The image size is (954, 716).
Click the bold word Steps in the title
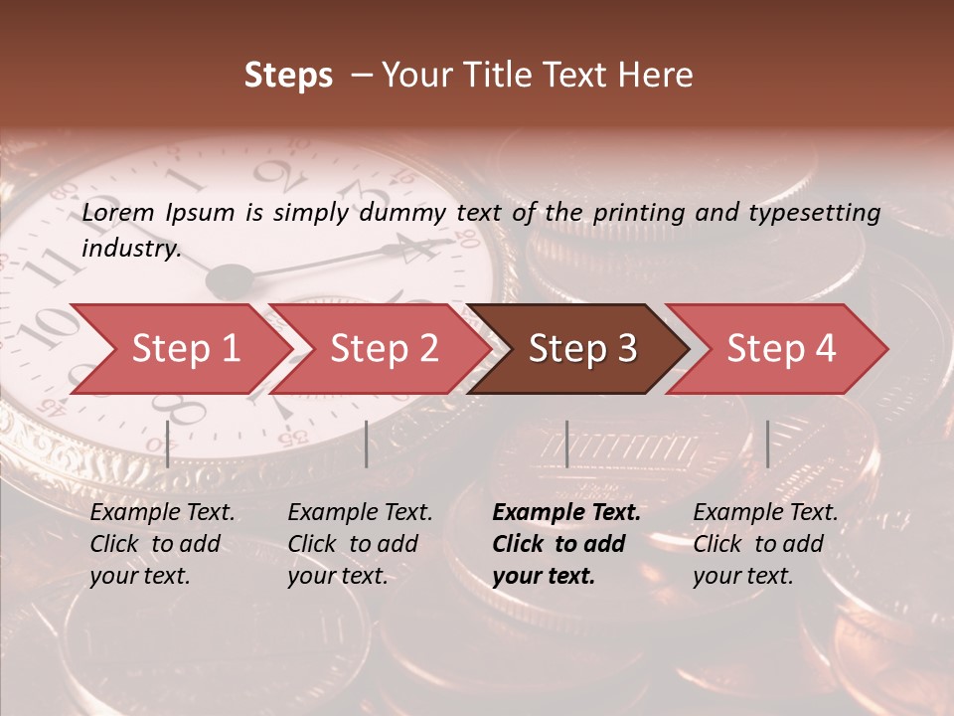point(288,75)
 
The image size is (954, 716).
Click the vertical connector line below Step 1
point(167,444)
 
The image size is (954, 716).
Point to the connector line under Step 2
point(367,444)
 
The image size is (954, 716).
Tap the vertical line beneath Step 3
point(566,444)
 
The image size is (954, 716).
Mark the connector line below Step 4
point(767,444)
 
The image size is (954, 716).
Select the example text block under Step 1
point(162,544)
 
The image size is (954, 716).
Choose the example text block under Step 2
point(360,544)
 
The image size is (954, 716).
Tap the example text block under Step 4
point(765,544)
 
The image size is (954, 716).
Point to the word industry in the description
point(130,249)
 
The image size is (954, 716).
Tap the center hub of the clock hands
point(230,279)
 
